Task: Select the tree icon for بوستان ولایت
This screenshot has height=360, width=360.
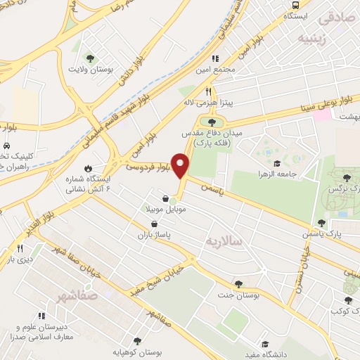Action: pyautogui.click(x=89, y=58)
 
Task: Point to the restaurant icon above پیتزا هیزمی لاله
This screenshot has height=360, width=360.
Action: pyautogui.click(x=208, y=91)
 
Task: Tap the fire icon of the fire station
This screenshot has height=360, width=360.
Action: pyautogui.click(x=88, y=168)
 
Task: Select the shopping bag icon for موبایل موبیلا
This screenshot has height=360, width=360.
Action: pyautogui.click(x=165, y=198)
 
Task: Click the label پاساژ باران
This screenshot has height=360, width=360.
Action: pyautogui.click(x=154, y=235)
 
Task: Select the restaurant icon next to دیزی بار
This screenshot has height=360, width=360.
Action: pyautogui.click(x=20, y=248)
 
